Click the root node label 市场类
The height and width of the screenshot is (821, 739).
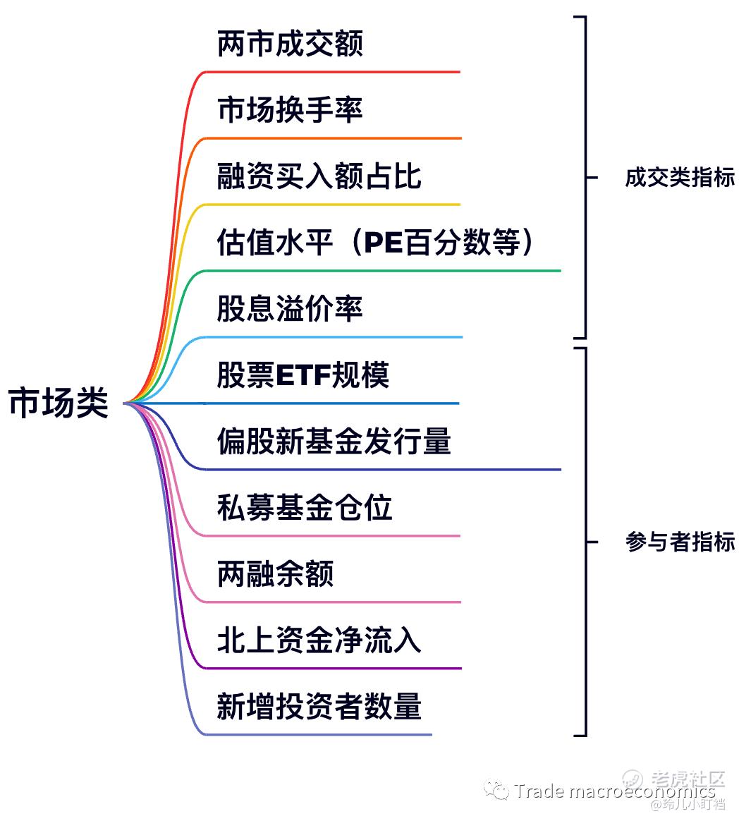pos(58,403)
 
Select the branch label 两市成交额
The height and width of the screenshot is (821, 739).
pos(290,44)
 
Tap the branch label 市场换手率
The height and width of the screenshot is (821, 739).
pos(290,110)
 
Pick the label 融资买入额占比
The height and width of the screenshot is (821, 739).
pos(319,176)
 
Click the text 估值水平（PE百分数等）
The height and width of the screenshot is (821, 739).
pos(374,243)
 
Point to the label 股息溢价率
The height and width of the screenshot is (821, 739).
pos(290,308)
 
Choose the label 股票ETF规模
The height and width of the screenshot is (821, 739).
pos(303,375)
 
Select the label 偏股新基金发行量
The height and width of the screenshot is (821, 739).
pos(334,441)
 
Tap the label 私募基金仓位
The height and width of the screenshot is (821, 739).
pos(305,507)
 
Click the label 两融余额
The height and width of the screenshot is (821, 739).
pos(275,574)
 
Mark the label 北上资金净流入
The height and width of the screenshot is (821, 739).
pos(319,640)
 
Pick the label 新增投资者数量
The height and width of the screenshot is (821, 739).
pos(319,706)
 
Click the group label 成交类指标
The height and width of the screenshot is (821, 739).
pos(680,178)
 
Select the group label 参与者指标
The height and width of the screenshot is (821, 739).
pos(680,542)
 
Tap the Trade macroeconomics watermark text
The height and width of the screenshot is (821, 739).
pos(614,791)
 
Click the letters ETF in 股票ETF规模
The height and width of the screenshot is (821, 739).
pos(303,375)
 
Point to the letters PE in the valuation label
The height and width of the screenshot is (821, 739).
pos(384,243)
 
